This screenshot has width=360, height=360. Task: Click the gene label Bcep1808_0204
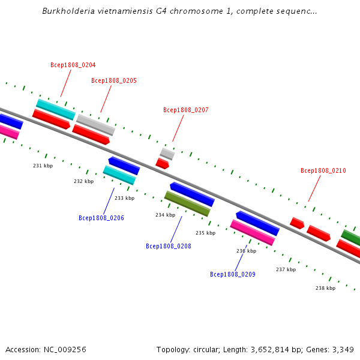click(x=73, y=65)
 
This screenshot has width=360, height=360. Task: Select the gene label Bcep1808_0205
click(x=114, y=80)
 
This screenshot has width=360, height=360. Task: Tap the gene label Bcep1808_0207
click(x=186, y=110)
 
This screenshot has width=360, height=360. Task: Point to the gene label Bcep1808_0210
click(x=323, y=170)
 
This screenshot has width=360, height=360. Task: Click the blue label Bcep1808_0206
click(x=101, y=218)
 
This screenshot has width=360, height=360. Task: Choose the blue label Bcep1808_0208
click(x=169, y=246)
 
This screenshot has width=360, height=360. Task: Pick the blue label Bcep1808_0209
click(x=233, y=274)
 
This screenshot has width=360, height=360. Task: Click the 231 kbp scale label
click(x=43, y=166)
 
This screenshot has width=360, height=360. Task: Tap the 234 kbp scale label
click(x=166, y=215)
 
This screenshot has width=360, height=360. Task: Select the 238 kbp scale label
click(x=326, y=288)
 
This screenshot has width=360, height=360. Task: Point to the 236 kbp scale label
click(x=247, y=251)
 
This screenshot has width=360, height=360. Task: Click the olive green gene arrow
click(x=187, y=203)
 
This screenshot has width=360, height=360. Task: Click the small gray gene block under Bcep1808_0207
click(x=167, y=154)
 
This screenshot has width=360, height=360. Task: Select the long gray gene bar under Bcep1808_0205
click(x=95, y=125)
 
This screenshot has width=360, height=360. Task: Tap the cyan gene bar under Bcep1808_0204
click(x=55, y=109)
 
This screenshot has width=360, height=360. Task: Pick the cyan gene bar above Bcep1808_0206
click(x=119, y=175)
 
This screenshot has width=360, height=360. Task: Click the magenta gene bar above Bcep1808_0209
click(x=253, y=233)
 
